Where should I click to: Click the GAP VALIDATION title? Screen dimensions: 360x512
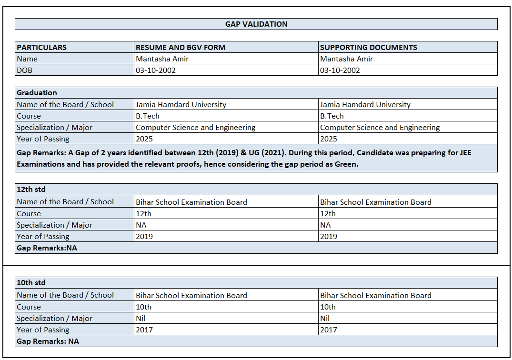pyautogui.click(x=256, y=24)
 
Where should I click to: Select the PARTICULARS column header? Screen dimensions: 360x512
pyautogui.click(x=42, y=48)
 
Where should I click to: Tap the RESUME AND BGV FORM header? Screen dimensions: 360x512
pyautogui.click(x=181, y=48)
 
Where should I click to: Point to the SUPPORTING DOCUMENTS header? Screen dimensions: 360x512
pyautogui.click(x=368, y=48)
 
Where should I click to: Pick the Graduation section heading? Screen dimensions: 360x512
pyautogui.click(x=37, y=93)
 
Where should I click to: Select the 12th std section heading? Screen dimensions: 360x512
pyautogui.click(x=31, y=190)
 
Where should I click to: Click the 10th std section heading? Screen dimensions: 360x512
pyautogui.click(x=31, y=283)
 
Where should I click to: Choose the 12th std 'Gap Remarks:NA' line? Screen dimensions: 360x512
pyautogui.click(x=47, y=248)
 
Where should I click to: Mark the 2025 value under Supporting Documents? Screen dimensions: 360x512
pyautogui.click(x=329, y=139)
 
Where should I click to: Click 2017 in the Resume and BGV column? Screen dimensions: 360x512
pyautogui.click(x=144, y=330)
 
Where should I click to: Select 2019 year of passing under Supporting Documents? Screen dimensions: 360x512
pyautogui.click(x=329, y=236)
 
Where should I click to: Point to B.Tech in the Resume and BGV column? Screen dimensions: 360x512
pyautogui.click(x=148, y=116)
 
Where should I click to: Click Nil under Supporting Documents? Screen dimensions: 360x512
pyautogui.click(x=325, y=318)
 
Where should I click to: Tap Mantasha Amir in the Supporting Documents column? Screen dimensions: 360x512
pyautogui.click(x=346, y=59)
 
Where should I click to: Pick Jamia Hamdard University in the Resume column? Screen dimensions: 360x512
pyautogui.click(x=181, y=105)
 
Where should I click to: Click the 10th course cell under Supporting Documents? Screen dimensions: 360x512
pyautogui.click(x=328, y=307)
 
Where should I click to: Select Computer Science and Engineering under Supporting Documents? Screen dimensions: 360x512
pyautogui.click(x=380, y=128)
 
